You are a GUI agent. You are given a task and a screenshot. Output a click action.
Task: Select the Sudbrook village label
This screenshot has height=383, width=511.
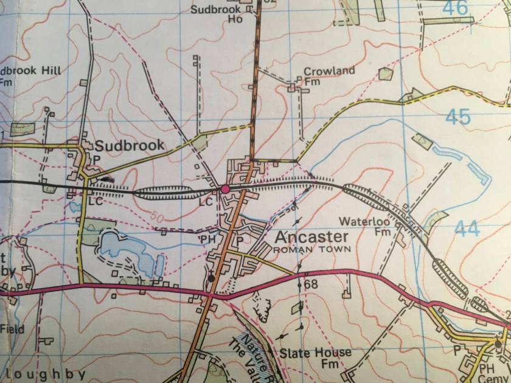click(130, 145)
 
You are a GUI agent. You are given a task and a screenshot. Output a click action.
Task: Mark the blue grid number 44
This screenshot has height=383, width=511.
click(466, 229)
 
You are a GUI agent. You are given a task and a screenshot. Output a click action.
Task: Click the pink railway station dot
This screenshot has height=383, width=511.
click(226, 190)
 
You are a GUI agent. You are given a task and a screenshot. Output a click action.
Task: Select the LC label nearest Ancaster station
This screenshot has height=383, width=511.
click(206, 201)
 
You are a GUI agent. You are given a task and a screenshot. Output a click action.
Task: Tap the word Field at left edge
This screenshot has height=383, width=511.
click(12, 329)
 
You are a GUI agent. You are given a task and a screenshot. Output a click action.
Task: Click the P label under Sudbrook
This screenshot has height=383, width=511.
click(96, 157)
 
